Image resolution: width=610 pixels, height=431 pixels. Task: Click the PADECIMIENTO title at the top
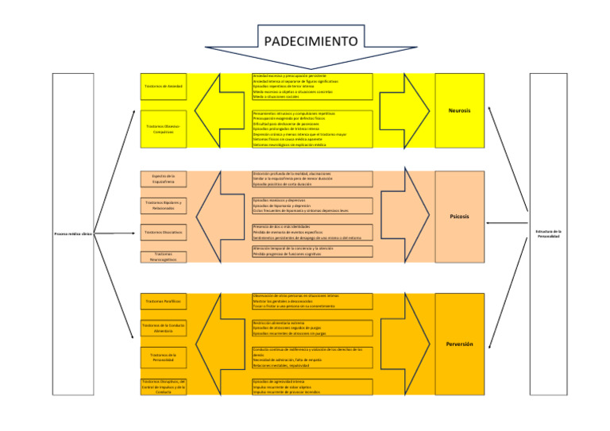pos(311,40)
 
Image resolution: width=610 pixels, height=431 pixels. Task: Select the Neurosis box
pos(459,110)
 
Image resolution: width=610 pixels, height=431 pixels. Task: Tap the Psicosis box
pos(459,216)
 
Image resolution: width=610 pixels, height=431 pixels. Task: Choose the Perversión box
pos(459,344)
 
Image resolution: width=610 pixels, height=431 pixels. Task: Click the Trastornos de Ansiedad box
pos(163,86)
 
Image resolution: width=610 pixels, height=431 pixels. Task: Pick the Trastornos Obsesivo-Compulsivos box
pos(163,129)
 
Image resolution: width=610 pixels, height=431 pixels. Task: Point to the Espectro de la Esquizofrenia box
pos(163,179)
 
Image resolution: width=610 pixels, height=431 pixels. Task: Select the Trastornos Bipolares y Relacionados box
pos(163,206)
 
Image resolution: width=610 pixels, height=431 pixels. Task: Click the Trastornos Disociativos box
pos(163,233)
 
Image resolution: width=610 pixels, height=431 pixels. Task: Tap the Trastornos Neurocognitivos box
pos(163,257)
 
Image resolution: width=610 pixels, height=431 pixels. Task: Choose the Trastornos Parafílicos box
pos(163,302)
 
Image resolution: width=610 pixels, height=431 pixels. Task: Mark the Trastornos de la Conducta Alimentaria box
pos(163,328)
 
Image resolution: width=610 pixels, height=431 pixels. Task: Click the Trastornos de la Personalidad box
pos(163,357)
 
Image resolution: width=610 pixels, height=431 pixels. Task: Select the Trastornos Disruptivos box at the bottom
pos(163,387)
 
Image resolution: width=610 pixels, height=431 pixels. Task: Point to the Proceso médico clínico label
pos(73,234)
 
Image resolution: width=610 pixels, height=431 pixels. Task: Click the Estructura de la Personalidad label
pos(548,234)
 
